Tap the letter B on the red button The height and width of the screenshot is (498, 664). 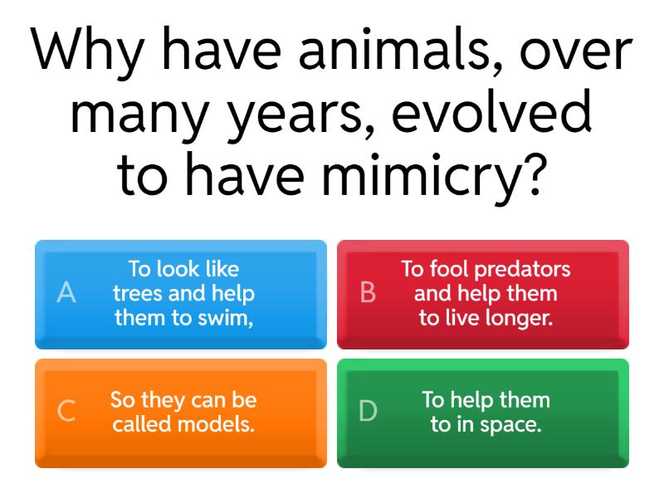coord(368,292)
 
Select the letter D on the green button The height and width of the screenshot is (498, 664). coord(368,411)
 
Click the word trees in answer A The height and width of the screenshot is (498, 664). coord(137,293)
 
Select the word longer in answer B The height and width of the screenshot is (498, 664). coord(520,318)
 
